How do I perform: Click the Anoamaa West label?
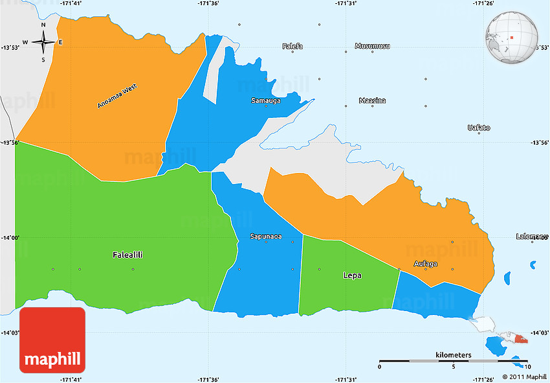pos(117,96)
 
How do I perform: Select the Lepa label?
pos(352,275)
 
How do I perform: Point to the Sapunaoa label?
pos(266,237)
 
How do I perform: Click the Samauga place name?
pos(266,101)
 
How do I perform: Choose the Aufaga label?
pos(426,264)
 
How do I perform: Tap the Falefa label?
pos(292,46)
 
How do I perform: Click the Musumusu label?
pos(373,46)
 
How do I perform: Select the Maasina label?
pos(372,100)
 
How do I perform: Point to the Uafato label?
pos(479,128)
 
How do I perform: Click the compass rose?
pos(43,43)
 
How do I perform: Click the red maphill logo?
pos(52,340)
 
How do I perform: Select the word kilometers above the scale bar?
pos(453,355)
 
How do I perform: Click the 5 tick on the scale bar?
pos(453,367)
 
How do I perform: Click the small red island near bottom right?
pos(520,338)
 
